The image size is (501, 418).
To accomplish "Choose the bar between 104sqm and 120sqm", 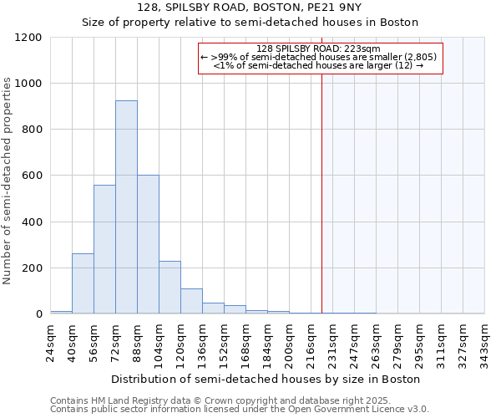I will [170, 288].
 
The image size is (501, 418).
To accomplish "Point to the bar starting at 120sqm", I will [191, 301].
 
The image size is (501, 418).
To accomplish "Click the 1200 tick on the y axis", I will [28, 38].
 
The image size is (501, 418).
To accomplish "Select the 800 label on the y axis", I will [32, 130].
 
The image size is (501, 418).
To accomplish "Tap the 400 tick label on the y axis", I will [32, 222].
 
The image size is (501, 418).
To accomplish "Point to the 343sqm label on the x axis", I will [485, 344].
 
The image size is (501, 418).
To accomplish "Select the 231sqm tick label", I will [333, 344].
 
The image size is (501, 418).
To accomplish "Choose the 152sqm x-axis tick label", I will [225, 344].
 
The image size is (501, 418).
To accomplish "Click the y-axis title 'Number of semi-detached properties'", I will [8, 176].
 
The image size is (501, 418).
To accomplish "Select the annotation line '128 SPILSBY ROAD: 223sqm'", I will [319, 48].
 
